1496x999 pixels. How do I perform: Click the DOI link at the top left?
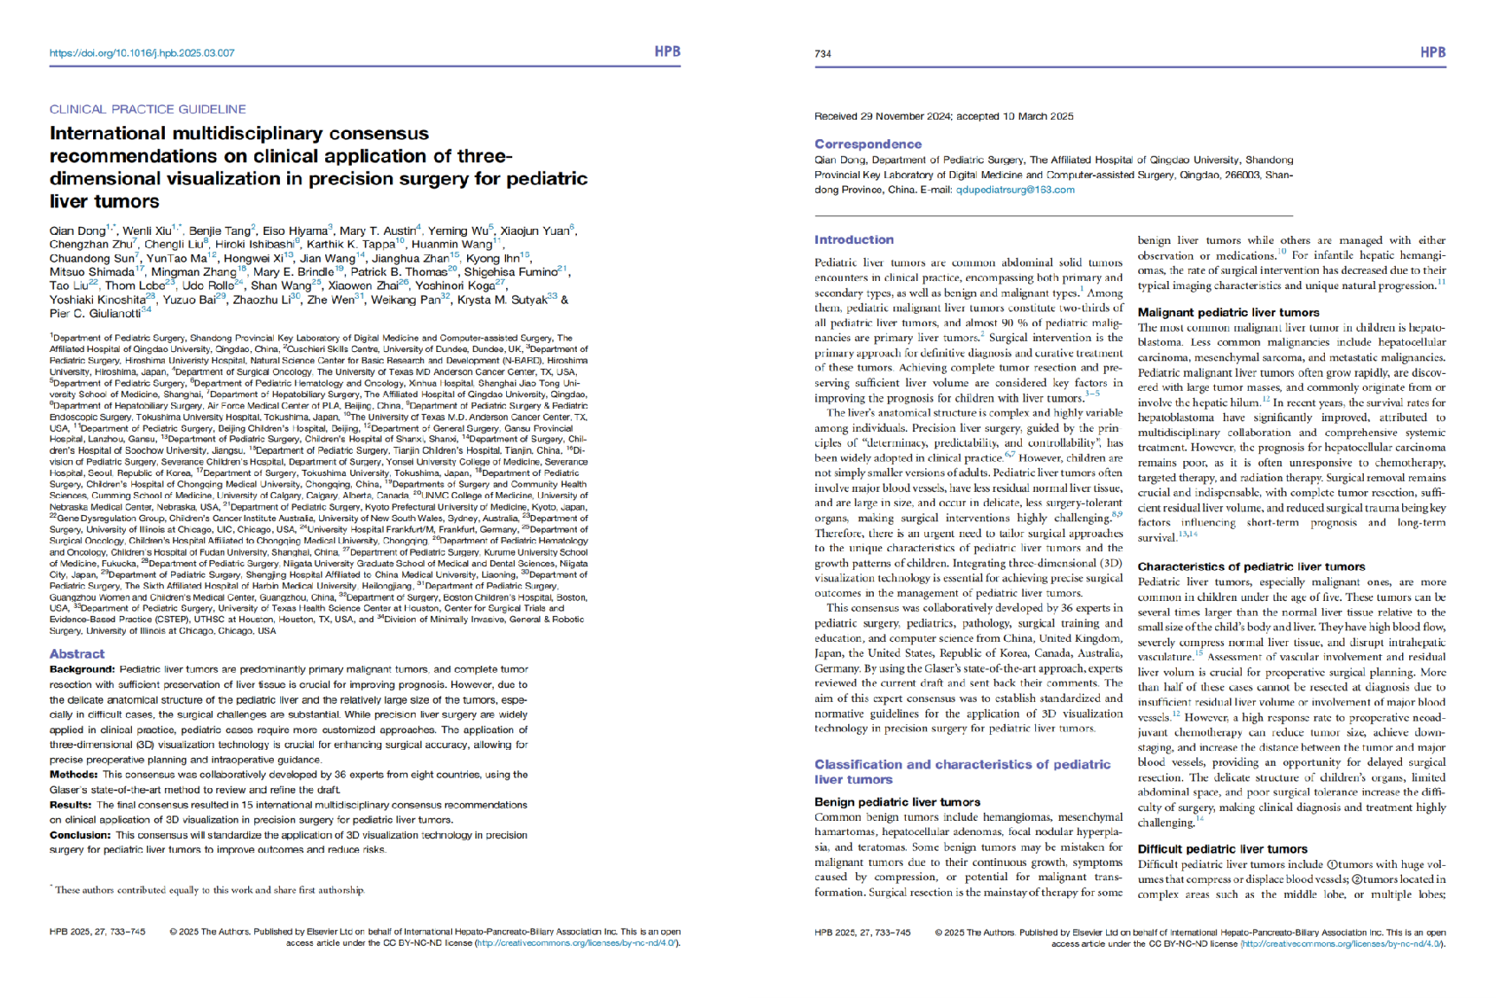pyautogui.click(x=142, y=53)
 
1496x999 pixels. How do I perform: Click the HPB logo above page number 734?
pyautogui.click(x=1432, y=52)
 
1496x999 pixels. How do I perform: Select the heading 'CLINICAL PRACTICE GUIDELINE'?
pyautogui.click(x=148, y=109)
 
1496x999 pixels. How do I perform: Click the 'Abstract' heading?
pyautogui.click(x=77, y=653)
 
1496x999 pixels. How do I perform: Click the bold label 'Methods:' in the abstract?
pyautogui.click(x=74, y=775)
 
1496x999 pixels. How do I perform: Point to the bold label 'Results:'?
pyautogui.click(x=71, y=805)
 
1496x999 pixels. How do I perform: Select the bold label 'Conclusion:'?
pyautogui.click(x=80, y=835)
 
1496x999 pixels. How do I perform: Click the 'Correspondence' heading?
pyautogui.click(x=868, y=144)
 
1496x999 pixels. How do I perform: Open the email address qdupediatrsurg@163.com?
pyautogui.click(x=1015, y=190)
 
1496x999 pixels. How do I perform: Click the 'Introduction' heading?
pyautogui.click(x=853, y=239)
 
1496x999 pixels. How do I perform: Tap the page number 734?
pyautogui.click(x=822, y=54)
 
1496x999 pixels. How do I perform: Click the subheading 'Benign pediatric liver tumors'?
pyautogui.click(x=897, y=802)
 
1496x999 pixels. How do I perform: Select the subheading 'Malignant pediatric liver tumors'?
pyautogui.click(x=1228, y=312)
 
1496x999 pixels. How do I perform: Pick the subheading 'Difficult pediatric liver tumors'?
pyautogui.click(x=1222, y=849)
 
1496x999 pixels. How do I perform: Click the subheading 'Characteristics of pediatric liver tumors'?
pyautogui.click(x=1251, y=566)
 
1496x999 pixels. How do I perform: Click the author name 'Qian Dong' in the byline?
pyautogui.click(x=77, y=231)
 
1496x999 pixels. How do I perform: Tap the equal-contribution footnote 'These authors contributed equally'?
pyautogui.click(x=209, y=890)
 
